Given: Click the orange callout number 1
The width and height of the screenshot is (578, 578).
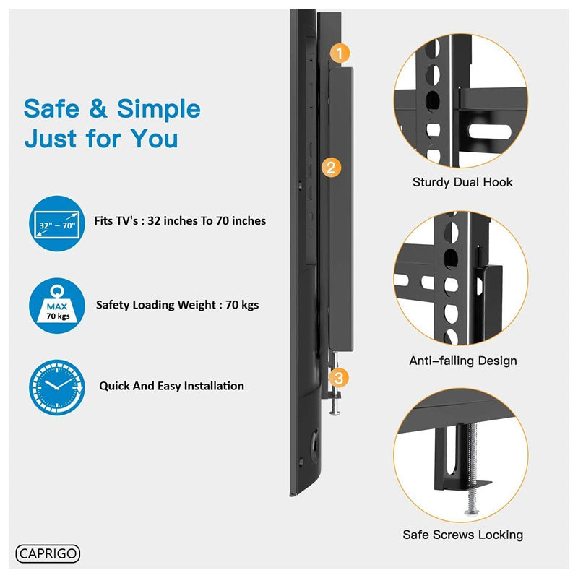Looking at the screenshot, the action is pyautogui.click(x=340, y=53).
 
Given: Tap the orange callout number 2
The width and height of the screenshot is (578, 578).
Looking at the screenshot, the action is pyautogui.click(x=331, y=168).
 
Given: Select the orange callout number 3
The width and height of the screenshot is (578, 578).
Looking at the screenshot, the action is pyautogui.click(x=338, y=377).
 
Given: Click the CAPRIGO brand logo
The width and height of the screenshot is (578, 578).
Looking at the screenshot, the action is pyautogui.click(x=48, y=553).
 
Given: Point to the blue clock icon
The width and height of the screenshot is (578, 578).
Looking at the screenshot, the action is pyautogui.click(x=57, y=388).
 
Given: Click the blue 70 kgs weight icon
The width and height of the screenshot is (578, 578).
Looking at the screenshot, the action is pyautogui.click(x=57, y=306).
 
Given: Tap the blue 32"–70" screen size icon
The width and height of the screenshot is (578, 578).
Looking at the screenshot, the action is pyautogui.click(x=57, y=223).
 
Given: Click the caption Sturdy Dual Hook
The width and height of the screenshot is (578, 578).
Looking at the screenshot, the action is pyautogui.click(x=462, y=182).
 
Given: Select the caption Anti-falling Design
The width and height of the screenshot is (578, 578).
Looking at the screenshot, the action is pyautogui.click(x=463, y=361).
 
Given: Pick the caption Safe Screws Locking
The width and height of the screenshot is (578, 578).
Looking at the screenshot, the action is pyautogui.click(x=463, y=535).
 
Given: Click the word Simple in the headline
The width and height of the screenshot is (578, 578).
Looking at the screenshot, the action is pyautogui.click(x=158, y=110).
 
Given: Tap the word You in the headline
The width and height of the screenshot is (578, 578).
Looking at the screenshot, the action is pyautogui.click(x=155, y=139).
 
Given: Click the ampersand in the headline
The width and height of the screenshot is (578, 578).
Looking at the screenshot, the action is pyautogui.click(x=98, y=109).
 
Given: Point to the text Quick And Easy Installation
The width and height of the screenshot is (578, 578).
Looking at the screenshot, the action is pyautogui.click(x=171, y=386).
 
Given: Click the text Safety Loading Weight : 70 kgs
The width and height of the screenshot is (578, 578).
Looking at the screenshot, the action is pyautogui.click(x=177, y=305).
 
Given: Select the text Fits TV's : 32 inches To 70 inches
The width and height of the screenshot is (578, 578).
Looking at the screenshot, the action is pyautogui.click(x=180, y=221).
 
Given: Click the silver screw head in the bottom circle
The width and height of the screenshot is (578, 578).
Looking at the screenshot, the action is pyautogui.click(x=472, y=512).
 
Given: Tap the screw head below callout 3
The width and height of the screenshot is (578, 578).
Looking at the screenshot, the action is pyautogui.click(x=335, y=413).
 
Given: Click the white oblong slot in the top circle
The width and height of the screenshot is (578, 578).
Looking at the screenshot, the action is pyautogui.click(x=490, y=131).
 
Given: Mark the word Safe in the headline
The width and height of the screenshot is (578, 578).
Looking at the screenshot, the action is pyautogui.click(x=51, y=109).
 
